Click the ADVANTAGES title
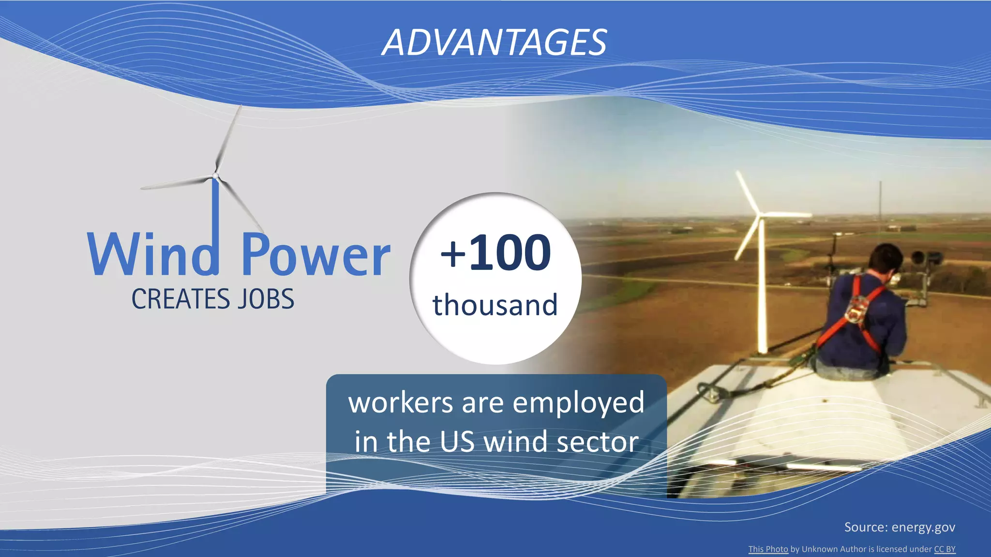[494, 43]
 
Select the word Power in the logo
[315, 255]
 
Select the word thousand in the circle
[495, 305]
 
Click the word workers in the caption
[401, 402]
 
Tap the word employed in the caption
[578, 403]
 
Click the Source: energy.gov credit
[900, 527]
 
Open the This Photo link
[768, 549]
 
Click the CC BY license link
[945, 549]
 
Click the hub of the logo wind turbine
[215, 176]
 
